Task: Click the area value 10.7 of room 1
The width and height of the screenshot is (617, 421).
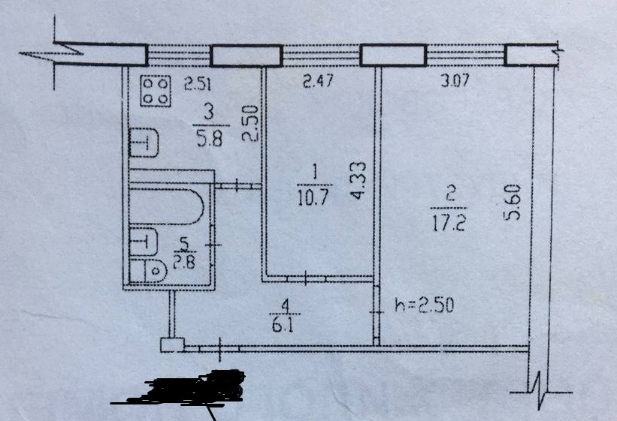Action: coord(314,198)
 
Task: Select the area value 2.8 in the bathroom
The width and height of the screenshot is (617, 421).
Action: coord(184,262)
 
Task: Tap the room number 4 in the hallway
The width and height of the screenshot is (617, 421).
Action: coord(283,306)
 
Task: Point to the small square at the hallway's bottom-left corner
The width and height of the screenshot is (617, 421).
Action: coord(172,344)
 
